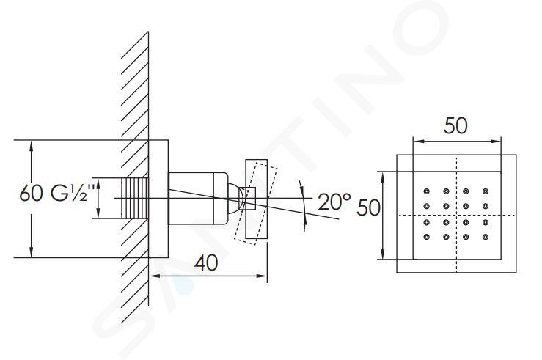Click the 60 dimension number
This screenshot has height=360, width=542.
click(31, 194)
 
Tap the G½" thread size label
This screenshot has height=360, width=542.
click(73, 193)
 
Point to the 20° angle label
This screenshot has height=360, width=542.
click(334, 202)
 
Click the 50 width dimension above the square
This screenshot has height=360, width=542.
click(455, 126)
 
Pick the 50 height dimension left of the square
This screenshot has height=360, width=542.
click(368, 208)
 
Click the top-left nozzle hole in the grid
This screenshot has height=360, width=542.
click(426, 191)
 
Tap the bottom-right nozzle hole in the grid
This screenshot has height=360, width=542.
click(486, 237)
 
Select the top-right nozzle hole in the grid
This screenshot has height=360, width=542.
click(486, 191)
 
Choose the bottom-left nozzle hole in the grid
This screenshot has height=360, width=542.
click(426, 237)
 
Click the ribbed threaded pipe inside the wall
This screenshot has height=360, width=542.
click(135, 198)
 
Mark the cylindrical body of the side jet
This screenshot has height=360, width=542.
click(198, 198)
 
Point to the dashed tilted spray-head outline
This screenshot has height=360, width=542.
click(256, 203)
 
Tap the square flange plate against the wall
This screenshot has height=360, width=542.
click(158, 199)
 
